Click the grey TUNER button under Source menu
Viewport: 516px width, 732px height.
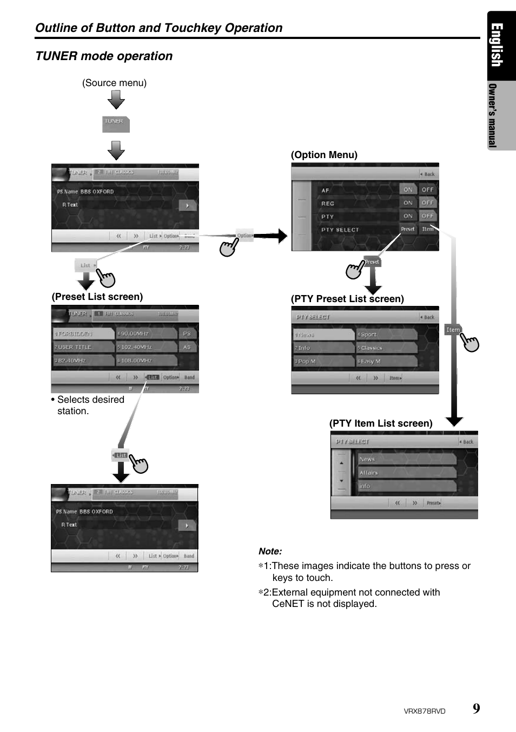[116, 124]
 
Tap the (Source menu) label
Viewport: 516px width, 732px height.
[114, 83]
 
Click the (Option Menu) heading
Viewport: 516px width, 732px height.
[324, 155]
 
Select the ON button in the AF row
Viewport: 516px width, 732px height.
[408, 189]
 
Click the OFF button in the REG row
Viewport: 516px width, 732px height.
[427, 202]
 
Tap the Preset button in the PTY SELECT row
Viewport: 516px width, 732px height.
[408, 229]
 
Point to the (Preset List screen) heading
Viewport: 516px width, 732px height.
[97, 297]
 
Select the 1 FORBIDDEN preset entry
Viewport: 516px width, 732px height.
[83, 334]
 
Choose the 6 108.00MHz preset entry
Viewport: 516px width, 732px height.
[147, 360]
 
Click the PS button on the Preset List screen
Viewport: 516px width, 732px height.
[187, 334]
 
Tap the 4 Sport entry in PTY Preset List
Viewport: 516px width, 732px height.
[387, 335]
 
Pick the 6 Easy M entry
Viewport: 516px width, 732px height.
[387, 361]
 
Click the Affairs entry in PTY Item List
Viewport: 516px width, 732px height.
[407, 473]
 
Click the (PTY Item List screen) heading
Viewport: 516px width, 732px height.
[381, 423]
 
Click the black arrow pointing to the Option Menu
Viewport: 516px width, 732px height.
[270, 236]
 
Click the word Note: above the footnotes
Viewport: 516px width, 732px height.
[270, 551]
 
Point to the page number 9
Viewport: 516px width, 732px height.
[476, 708]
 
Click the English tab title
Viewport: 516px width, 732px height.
[497, 45]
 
